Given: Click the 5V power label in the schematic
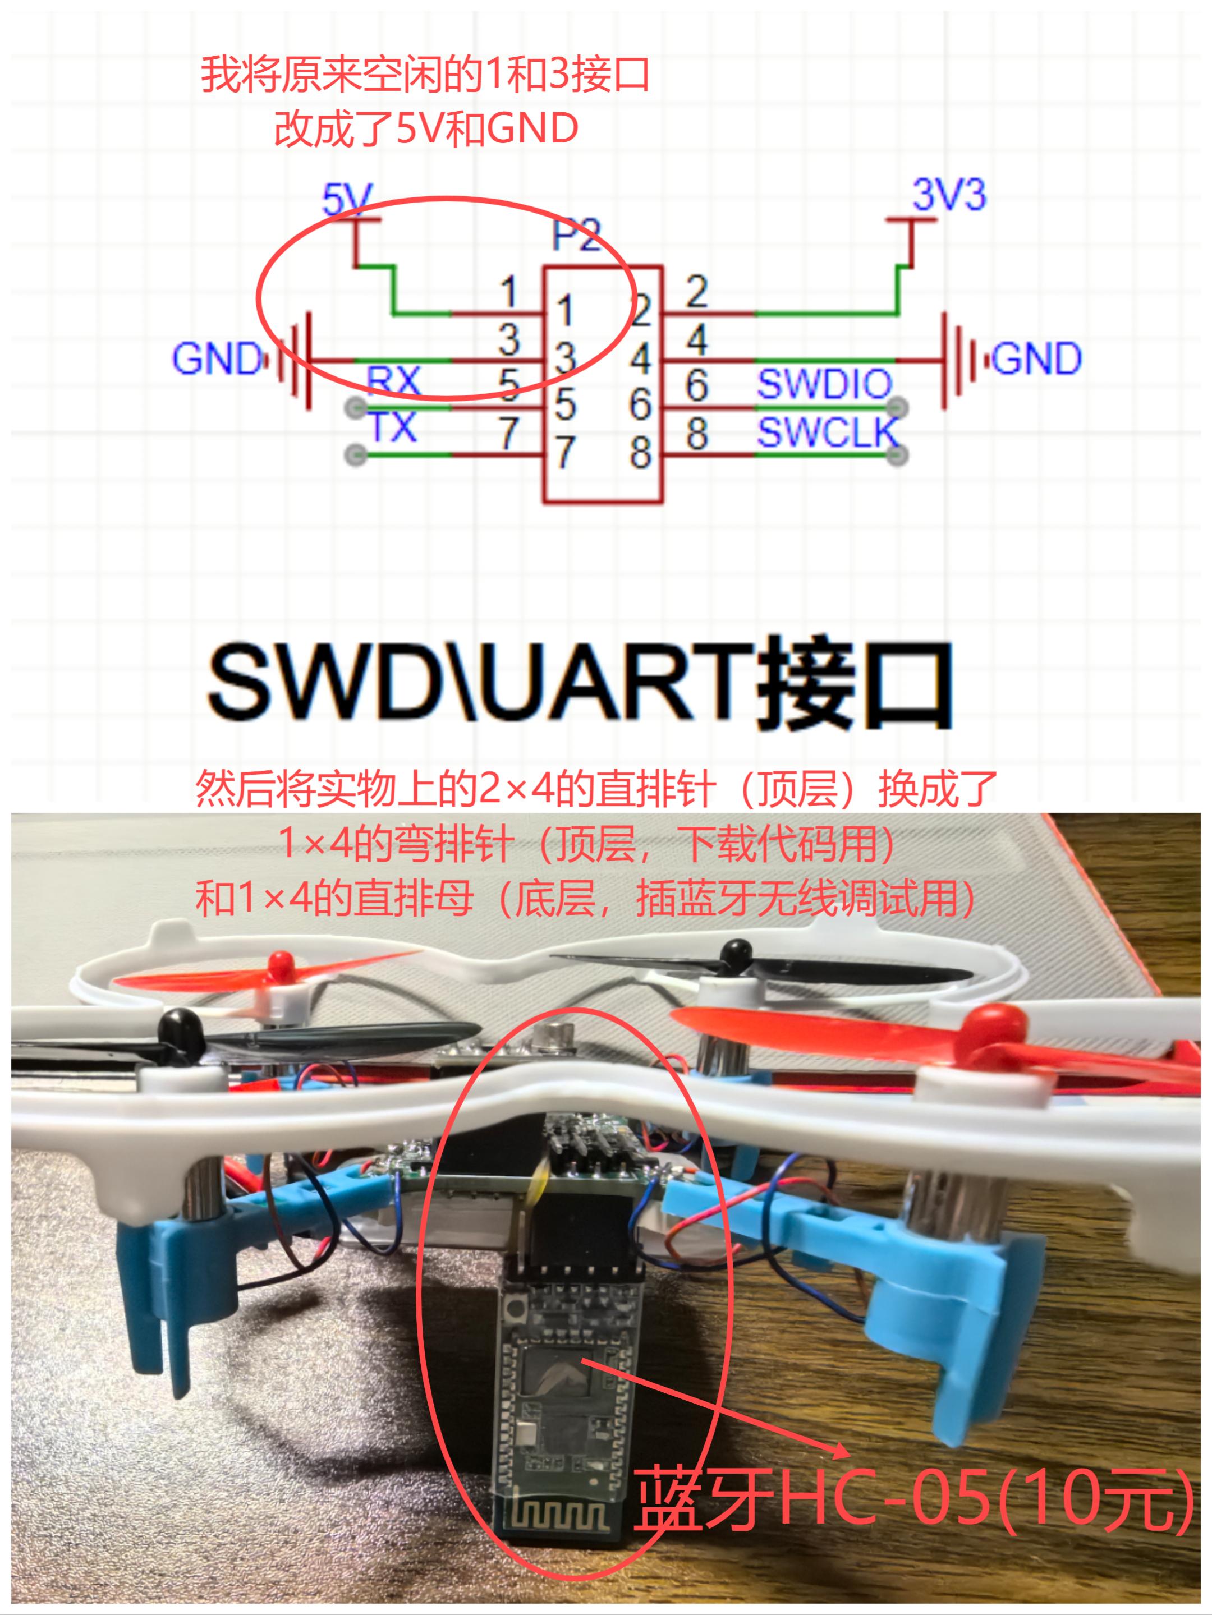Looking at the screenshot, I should coord(347,198).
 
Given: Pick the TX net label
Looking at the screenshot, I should coord(393,427).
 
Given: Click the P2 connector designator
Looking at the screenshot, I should coord(576,235).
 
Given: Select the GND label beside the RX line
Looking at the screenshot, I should coord(217,358).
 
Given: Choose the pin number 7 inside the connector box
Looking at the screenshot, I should coord(564,452).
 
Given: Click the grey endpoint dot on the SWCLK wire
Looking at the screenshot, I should coord(898,455).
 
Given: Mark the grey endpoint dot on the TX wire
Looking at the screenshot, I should coord(356,455).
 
